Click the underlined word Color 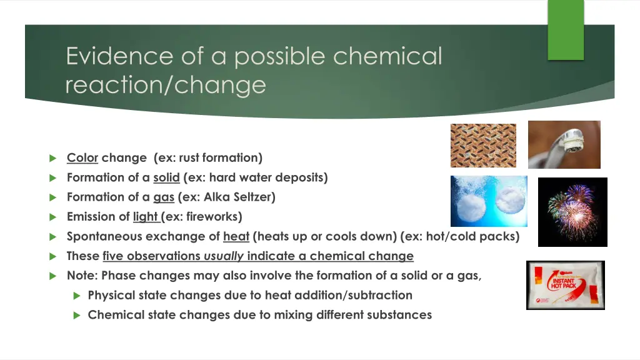click(82, 157)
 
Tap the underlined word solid click(166, 177)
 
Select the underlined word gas click(164, 197)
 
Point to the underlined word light click(146, 217)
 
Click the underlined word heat click(236, 236)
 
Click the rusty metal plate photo click(483, 146)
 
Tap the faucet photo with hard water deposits click(564, 145)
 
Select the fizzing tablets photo click(489, 201)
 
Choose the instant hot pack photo click(565, 285)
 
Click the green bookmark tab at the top click(566, 29)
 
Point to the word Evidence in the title click(111, 56)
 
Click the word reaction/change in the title click(166, 84)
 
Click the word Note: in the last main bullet click(82, 276)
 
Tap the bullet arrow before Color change click(52, 158)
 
